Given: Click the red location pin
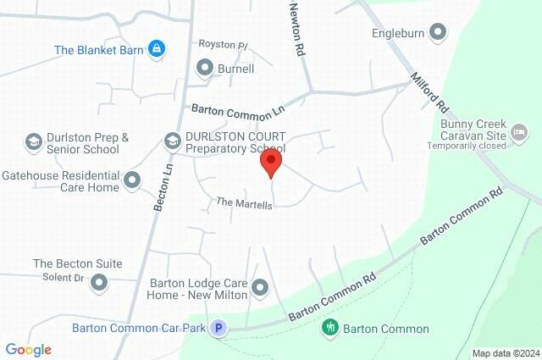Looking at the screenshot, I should [x=270, y=162].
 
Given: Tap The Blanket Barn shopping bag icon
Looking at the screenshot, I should [x=156, y=50].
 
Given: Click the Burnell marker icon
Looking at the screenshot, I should [x=204, y=67].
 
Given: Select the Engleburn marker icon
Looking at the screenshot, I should [x=438, y=34].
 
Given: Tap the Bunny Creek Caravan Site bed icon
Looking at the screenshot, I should [x=520, y=132].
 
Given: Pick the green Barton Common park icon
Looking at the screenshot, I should [x=330, y=327].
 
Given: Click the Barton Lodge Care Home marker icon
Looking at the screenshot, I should [x=260, y=289].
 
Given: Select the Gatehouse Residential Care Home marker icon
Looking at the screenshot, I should [x=132, y=180].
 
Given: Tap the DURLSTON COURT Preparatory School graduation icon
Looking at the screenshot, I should [x=172, y=141].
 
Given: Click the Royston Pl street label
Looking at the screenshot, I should [x=223, y=44].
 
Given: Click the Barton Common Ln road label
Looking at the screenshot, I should [x=238, y=110].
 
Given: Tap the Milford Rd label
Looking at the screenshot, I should [x=429, y=93].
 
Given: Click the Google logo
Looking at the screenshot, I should [x=28, y=349].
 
